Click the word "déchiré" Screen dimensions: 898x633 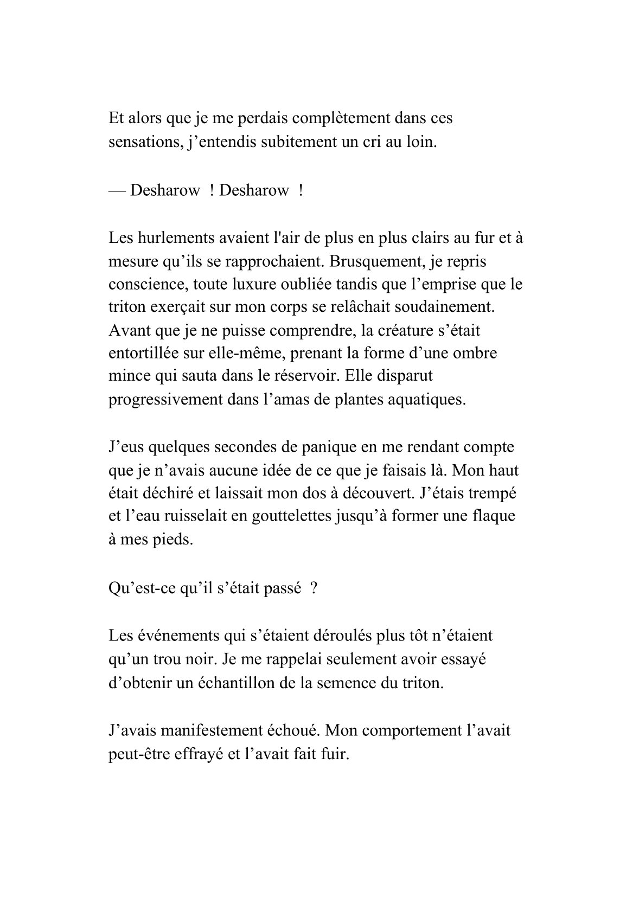pos(172,494)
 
